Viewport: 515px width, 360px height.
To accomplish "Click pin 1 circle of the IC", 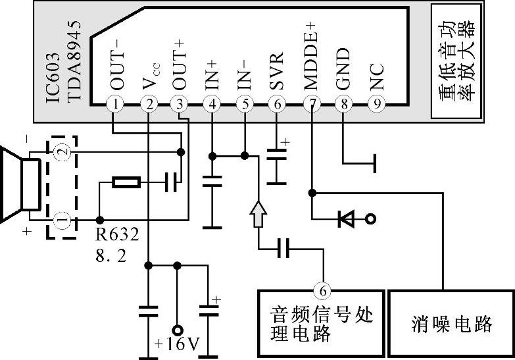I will click(116, 104).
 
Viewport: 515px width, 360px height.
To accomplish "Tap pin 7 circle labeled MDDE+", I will click(310, 104).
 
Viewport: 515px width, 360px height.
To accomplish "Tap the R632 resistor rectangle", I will click(126, 182).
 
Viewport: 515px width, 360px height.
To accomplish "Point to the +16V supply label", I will click(177, 344).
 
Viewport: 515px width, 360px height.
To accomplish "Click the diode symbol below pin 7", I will click(346, 219).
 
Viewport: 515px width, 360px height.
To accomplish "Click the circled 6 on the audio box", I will click(322, 289).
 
